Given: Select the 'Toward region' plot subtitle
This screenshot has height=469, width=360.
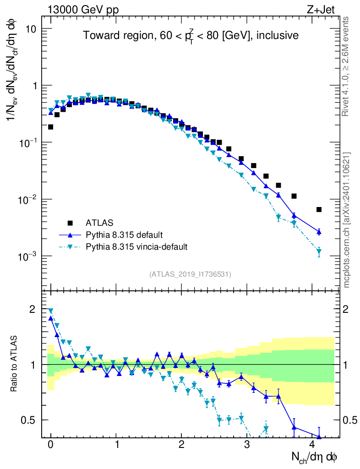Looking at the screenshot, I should coord(191,35).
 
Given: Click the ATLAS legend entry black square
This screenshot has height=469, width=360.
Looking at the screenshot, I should coord(70,223).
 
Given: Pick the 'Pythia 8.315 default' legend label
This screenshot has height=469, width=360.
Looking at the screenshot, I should coord(124,235).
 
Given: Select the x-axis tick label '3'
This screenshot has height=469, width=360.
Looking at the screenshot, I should coord(247,444).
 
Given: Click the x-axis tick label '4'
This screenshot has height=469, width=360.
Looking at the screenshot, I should coord(312,444).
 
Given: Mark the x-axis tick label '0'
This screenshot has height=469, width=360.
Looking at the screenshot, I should coord(50,444).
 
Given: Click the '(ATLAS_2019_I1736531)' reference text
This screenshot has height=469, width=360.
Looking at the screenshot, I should coord(190,274).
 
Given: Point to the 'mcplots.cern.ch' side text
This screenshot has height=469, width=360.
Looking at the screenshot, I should coord(347,220).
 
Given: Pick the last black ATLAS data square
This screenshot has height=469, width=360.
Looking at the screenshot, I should coord(319,209).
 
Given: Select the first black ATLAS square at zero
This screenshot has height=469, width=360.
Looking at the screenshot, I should coord(50,127).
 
